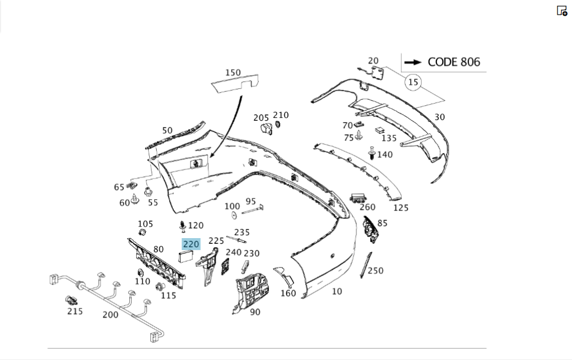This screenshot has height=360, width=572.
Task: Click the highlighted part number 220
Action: pyautogui.click(x=190, y=244)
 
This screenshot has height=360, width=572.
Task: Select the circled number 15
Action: pyautogui.click(x=413, y=82)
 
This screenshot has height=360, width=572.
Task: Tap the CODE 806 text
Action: pyautogui.click(x=454, y=62)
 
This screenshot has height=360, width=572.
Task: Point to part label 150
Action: pyautogui.click(x=233, y=73)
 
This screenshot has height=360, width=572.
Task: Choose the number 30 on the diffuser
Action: pyautogui.click(x=439, y=117)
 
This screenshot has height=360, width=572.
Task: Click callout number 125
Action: pyautogui.click(x=401, y=208)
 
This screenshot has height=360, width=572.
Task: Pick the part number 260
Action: pyautogui.click(x=367, y=207)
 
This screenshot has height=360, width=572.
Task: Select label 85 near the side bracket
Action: pyautogui.click(x=382, y=223)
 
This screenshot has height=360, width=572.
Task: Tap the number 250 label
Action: pyautogui.click(x=375, y=270)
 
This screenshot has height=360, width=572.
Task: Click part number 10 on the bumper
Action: pyautogui.click(x=337, y=291)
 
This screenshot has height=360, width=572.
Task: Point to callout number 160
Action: pyautogui.click(x=288, y=294)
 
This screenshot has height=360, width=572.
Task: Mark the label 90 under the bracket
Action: pyautogui.click(x=255, y=312)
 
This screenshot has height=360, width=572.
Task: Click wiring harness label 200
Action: pyautogui.click(x=110, y=314)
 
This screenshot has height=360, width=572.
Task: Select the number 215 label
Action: pyautogui.click(x=75, y=311)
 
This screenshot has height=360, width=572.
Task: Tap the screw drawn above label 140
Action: pyautogui.click(x=371, y=153)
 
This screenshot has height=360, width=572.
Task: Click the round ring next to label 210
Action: pyautogui.click(x=278, y=125)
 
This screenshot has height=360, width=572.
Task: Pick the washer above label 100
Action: pyautogui.click(x=234, y=215)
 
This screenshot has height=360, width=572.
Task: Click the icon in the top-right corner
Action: pyautogui.click(x=562, y=11)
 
